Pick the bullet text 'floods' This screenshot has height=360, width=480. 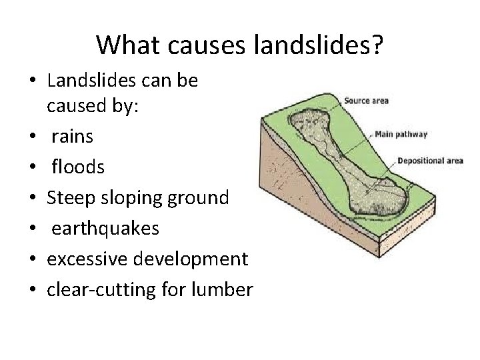78,167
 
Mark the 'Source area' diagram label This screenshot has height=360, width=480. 366,101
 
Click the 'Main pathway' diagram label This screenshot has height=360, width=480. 401,134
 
